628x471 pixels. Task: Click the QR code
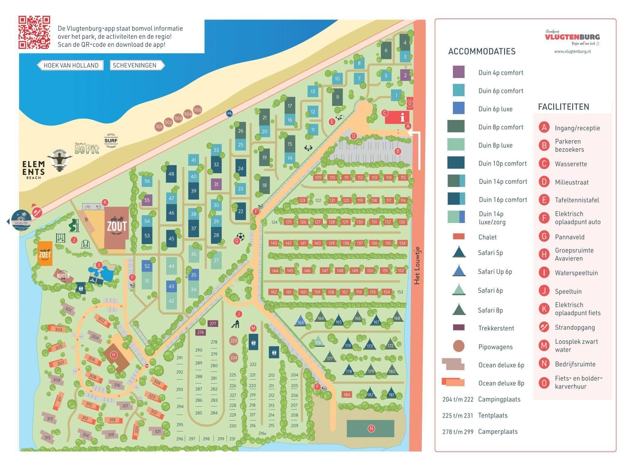point(34,32)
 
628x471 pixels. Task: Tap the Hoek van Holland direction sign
point(71,65)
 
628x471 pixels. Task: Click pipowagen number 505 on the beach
point(197,110)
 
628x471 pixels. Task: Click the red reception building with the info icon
point(397,117)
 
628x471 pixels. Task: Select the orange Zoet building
point(45,254)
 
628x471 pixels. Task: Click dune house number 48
point(171,174)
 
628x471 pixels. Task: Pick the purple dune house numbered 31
point(216,184)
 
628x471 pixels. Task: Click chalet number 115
point(403,178)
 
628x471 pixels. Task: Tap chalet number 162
point(274,292)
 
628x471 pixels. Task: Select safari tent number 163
point(301,321)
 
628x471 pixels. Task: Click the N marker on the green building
point(371,428)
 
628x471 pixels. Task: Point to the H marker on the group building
point(114,355)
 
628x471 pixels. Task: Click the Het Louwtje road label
point(417,266)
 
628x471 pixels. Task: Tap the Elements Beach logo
point(33,170)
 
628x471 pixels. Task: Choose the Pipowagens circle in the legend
point(458,346)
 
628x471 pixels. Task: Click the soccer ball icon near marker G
point(241,237)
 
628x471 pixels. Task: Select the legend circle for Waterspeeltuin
point(544,273)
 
